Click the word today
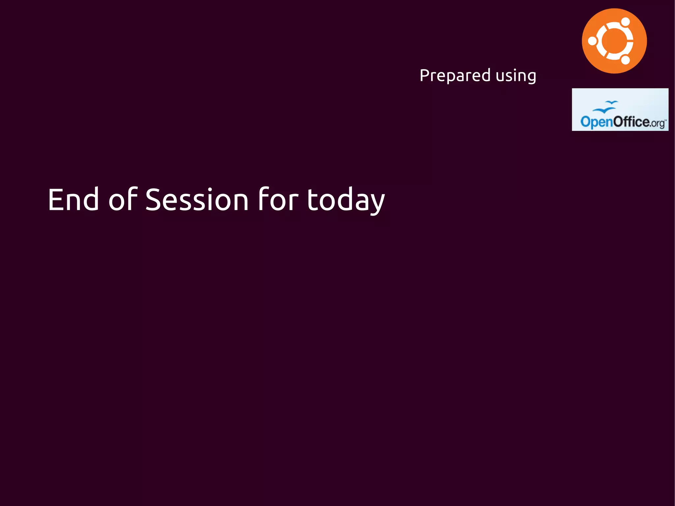click(x=346, y=200)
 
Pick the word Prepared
click(x=455, y=75)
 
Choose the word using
click(x=516, y=76)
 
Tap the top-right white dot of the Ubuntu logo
click(x=625, y=22)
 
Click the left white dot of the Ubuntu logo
click(x=593, y=41)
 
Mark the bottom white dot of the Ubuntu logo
click(x=625, y=60)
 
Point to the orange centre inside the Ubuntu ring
click(x=614, y=41)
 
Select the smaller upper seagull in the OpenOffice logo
click(x=612, y=103)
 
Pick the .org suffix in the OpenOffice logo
click(x=658, y=123)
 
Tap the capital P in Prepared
click(x=425, y=75)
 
